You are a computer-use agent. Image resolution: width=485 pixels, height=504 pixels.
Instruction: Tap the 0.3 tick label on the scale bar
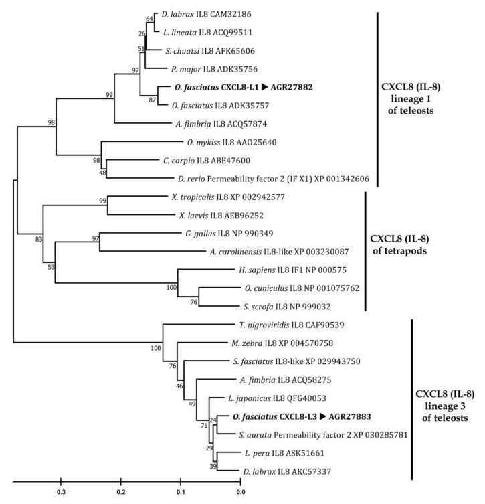coord(61,492)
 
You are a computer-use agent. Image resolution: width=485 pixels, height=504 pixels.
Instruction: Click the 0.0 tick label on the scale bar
coord(240,492)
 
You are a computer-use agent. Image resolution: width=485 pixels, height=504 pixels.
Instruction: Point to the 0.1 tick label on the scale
coord(181,492)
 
